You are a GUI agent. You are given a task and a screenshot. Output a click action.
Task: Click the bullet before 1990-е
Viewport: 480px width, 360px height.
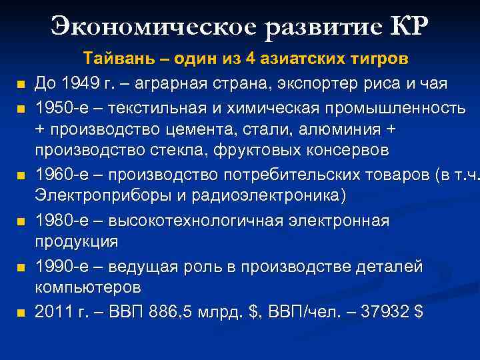21,268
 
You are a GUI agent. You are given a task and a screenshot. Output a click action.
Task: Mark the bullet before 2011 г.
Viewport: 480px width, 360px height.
21,313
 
